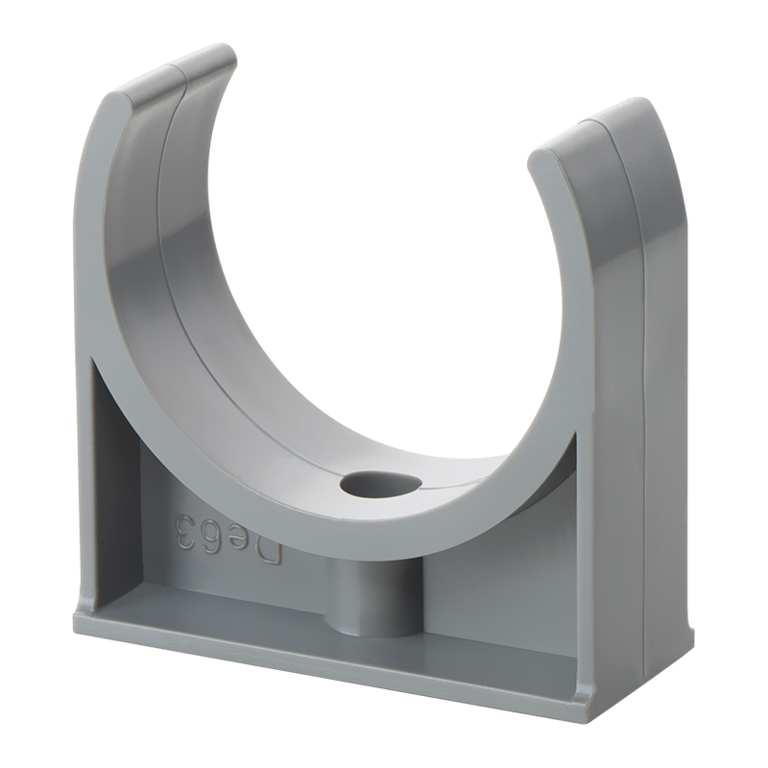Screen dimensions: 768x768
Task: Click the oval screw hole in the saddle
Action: [380, 486]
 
